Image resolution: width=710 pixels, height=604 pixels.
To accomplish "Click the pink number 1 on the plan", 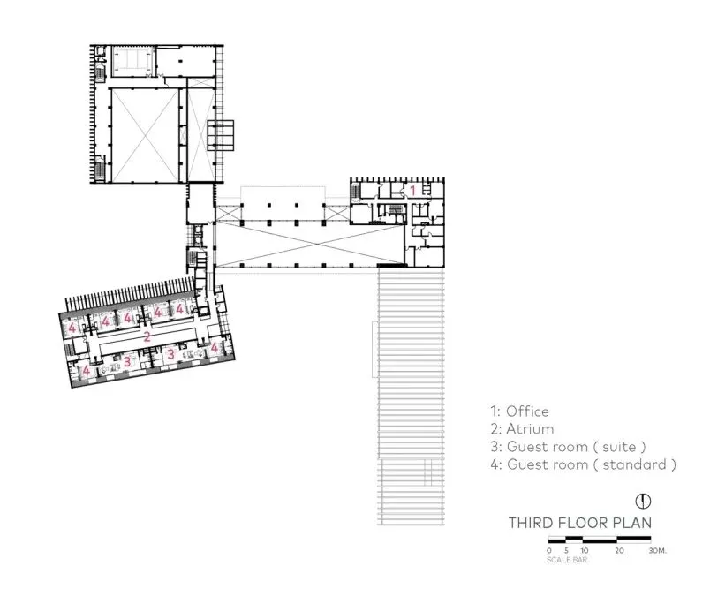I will tap(412, 190).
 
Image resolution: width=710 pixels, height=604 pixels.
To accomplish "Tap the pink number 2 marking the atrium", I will tap(147, 336).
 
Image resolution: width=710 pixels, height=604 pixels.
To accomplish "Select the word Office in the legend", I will tap(528, 411).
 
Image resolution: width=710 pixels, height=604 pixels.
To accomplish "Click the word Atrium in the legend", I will tap(531, 429).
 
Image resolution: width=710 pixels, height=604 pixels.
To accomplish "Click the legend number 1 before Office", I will tap(494, 411).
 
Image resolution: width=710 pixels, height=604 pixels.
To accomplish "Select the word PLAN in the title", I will tap(633, 523).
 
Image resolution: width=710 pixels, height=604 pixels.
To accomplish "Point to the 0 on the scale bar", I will tap(549, 550).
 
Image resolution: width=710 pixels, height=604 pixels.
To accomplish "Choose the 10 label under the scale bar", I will tap(584, 550).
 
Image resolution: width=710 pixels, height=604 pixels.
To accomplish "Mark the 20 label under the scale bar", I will tap(618, 550).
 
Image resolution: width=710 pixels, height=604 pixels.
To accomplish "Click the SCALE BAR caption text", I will tap(563, 559).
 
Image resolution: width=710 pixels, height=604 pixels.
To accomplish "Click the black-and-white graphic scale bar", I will tap(600, 540).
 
